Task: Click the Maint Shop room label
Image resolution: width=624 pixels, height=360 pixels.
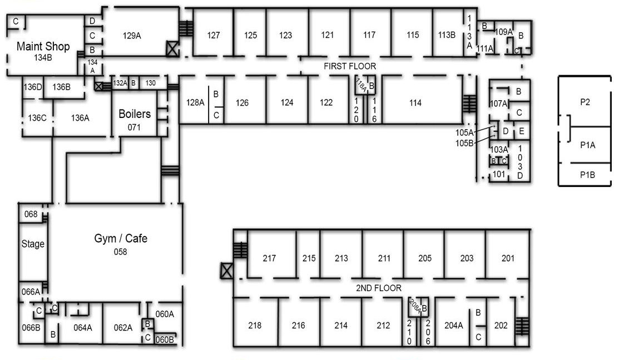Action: pos(43,46)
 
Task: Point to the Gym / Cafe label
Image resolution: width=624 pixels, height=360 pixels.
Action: pos(121,238)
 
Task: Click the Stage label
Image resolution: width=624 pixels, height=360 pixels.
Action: pos(33,244)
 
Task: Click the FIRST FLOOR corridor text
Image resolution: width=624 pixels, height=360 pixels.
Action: pos(350,66)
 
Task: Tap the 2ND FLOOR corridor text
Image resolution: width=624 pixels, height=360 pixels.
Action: pos(378,288)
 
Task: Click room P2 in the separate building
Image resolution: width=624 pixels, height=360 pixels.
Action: pos(585,102)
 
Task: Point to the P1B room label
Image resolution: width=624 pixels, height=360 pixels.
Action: pos(587,175)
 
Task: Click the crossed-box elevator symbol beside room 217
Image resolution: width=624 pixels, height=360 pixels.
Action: pos(226,271)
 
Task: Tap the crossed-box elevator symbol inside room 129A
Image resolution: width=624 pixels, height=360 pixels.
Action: pos(172,48)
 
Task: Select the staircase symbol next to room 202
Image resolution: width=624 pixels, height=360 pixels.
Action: pos(522,326)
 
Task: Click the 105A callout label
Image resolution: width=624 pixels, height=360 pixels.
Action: pos(464,132)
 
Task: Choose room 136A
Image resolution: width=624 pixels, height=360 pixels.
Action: pos(81,118)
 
